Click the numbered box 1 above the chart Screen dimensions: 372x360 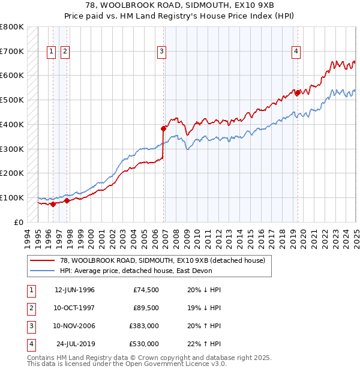click(51, 52)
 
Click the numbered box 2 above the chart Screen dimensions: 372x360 click(64, 52)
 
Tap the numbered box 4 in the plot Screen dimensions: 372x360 click(296, 52)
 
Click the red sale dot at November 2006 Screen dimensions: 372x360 click(163, 128)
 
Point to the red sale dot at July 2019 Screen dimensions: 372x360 click(298, 92)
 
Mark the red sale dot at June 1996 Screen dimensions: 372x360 click(53, 204)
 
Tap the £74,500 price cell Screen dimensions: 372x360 click(146, 290)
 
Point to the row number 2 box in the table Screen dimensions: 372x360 click(31, 308)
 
